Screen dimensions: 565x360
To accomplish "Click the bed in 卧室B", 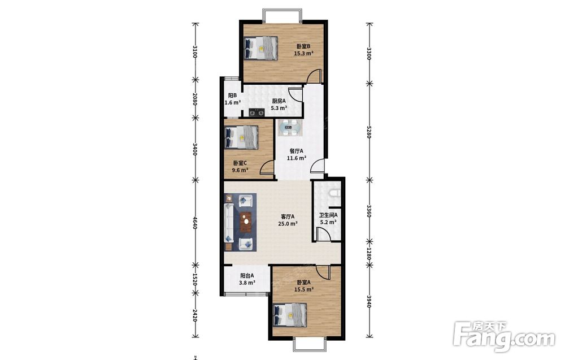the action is [261, 48].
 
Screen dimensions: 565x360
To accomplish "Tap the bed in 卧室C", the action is [242, 137].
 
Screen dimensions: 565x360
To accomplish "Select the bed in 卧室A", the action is [290, 315].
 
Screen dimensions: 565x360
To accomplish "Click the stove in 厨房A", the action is [256, 113].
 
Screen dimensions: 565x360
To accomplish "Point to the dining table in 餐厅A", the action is [289, 128].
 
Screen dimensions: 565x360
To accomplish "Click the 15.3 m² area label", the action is [303, 53].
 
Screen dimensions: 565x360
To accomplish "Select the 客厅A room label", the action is [288, 216].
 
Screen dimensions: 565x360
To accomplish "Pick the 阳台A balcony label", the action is [247, 276].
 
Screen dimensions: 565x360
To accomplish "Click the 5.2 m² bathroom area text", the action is [328, 222].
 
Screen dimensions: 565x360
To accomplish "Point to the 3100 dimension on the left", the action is [195, 52].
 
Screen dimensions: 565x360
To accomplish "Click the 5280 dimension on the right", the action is [369, 132].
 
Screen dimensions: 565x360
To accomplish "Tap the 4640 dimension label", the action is [195, 223].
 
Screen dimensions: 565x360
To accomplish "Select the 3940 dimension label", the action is [369, 301].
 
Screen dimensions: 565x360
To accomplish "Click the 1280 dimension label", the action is [369, 253].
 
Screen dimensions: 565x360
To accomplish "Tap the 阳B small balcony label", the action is [232, 96].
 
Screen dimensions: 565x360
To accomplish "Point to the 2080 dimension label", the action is [195, 99].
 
